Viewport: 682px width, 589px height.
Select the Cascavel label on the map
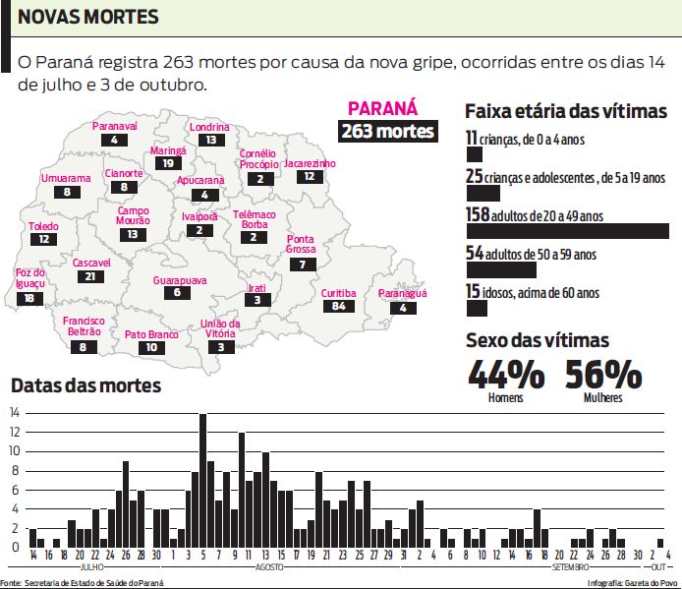(91, 264)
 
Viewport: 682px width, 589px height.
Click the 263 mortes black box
(387, 132)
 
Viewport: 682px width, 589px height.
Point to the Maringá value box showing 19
(168, 163)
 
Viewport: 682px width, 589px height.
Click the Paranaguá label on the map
(403, 294)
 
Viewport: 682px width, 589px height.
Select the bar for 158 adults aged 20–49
(567, 231)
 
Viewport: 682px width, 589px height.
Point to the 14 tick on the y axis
(15, 413)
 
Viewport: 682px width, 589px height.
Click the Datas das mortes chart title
(85, 385)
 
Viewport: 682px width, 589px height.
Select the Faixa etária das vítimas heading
(565, 111)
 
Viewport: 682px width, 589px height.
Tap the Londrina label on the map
(209, 127)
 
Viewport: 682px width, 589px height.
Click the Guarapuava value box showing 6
(178, 293)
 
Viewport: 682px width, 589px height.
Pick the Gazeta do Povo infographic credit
(628, 583)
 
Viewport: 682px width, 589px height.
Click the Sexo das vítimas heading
(537, 340)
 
